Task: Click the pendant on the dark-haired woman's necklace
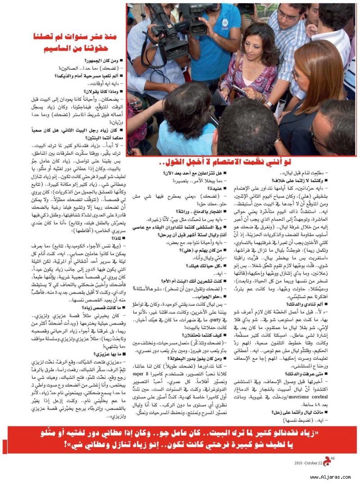pyautogui.click(x=252, y=72)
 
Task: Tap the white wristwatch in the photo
pyautogui.click(x=269, y=104)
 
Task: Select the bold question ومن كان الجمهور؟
pyautogui.click(x=103, y=59)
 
